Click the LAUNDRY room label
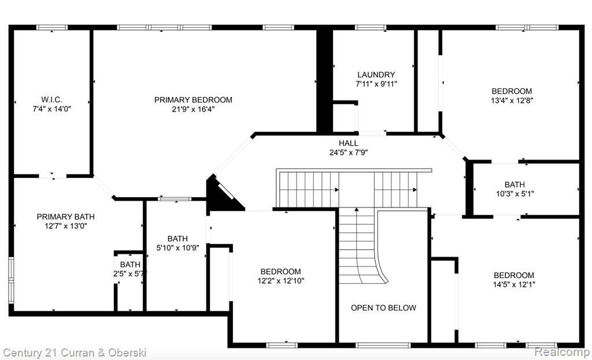376,75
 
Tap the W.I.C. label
51,99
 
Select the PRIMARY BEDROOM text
193,100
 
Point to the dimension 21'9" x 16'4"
193,109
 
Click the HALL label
349,143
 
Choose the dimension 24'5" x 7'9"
349,153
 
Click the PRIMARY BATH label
66,217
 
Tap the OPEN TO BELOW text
384,308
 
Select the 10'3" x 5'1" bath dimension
515,194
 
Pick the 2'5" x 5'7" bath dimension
129,273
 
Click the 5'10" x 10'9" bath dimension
177,248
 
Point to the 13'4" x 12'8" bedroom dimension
512,101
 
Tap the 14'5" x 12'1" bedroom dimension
514,284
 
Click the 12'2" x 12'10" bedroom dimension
280,281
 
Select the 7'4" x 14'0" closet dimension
51,109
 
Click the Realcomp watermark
562,352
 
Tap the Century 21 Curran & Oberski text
75,353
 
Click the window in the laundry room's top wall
371,27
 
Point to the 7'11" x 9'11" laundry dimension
376,84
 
